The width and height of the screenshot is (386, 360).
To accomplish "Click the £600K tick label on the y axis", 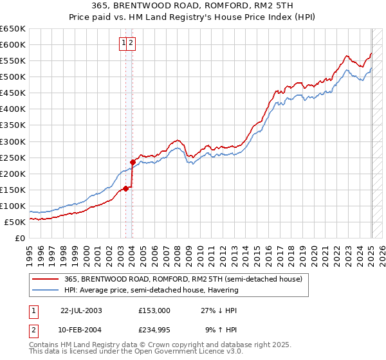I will (x=13, y=45).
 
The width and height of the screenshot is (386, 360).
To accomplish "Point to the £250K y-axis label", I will (x=13, y=157).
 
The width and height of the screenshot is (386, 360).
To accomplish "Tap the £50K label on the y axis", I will (x=15, y=222).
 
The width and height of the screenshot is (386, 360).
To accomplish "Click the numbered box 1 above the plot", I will (x=123, y=43).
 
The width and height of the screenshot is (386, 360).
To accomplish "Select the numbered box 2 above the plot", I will (x=131, y=43).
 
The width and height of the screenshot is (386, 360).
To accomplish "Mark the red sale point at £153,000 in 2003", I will (x=126, y=188).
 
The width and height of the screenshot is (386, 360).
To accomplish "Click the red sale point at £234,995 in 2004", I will (x=133, y=162).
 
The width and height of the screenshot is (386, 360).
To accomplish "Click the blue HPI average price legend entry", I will (x=151, y=290).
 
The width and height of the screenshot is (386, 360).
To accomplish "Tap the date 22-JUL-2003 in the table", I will (x=81, y=310).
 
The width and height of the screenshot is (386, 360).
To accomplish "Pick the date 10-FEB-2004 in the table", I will (x=81, y=330).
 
